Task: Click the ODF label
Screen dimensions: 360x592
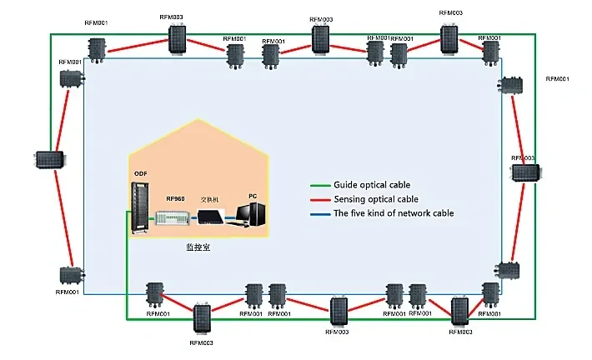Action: [x=139, y=173]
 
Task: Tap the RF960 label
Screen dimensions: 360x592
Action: [x=175, y=199]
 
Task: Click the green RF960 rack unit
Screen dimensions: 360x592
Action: [x=173, y=218]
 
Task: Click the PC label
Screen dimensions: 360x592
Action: [x=253, y=195]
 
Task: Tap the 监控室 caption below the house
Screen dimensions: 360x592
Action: [x=198, y=247]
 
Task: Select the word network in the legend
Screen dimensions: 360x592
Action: [x=411, y=213]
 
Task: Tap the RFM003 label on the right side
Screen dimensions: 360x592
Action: [x=523, y=158]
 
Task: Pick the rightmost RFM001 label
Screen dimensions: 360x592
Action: [x=557, y=78]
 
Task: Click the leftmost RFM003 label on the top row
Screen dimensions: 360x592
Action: [x=170, y=17]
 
